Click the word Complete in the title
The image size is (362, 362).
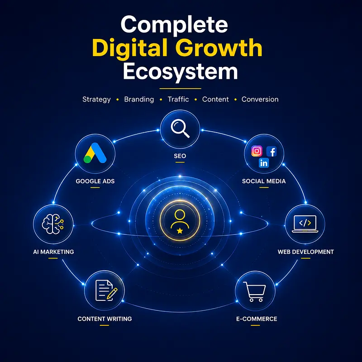pos(174,25)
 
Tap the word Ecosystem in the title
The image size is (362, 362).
pos(180,71)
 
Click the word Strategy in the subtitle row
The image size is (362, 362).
pos(96,100)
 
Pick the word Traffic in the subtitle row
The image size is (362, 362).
pos(178,99)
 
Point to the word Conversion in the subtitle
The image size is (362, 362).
pos(260,99)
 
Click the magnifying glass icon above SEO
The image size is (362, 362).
pos(180,129)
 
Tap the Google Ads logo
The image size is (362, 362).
pos(95,153)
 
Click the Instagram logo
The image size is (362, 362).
pos(257,151)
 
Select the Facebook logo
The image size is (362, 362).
pos(271,152)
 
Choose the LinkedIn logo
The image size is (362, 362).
pos(264,163)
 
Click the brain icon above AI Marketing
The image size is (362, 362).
pos(53,224)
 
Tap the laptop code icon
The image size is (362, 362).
pos(305,224)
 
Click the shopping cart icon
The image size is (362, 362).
pos(255,291)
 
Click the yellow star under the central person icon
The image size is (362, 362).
pos(180,230)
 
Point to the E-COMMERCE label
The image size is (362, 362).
pos(257,319)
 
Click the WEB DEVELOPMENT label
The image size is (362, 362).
pos(306,252)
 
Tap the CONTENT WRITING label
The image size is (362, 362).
pos(105,319)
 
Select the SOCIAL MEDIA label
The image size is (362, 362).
pos(264,181)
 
